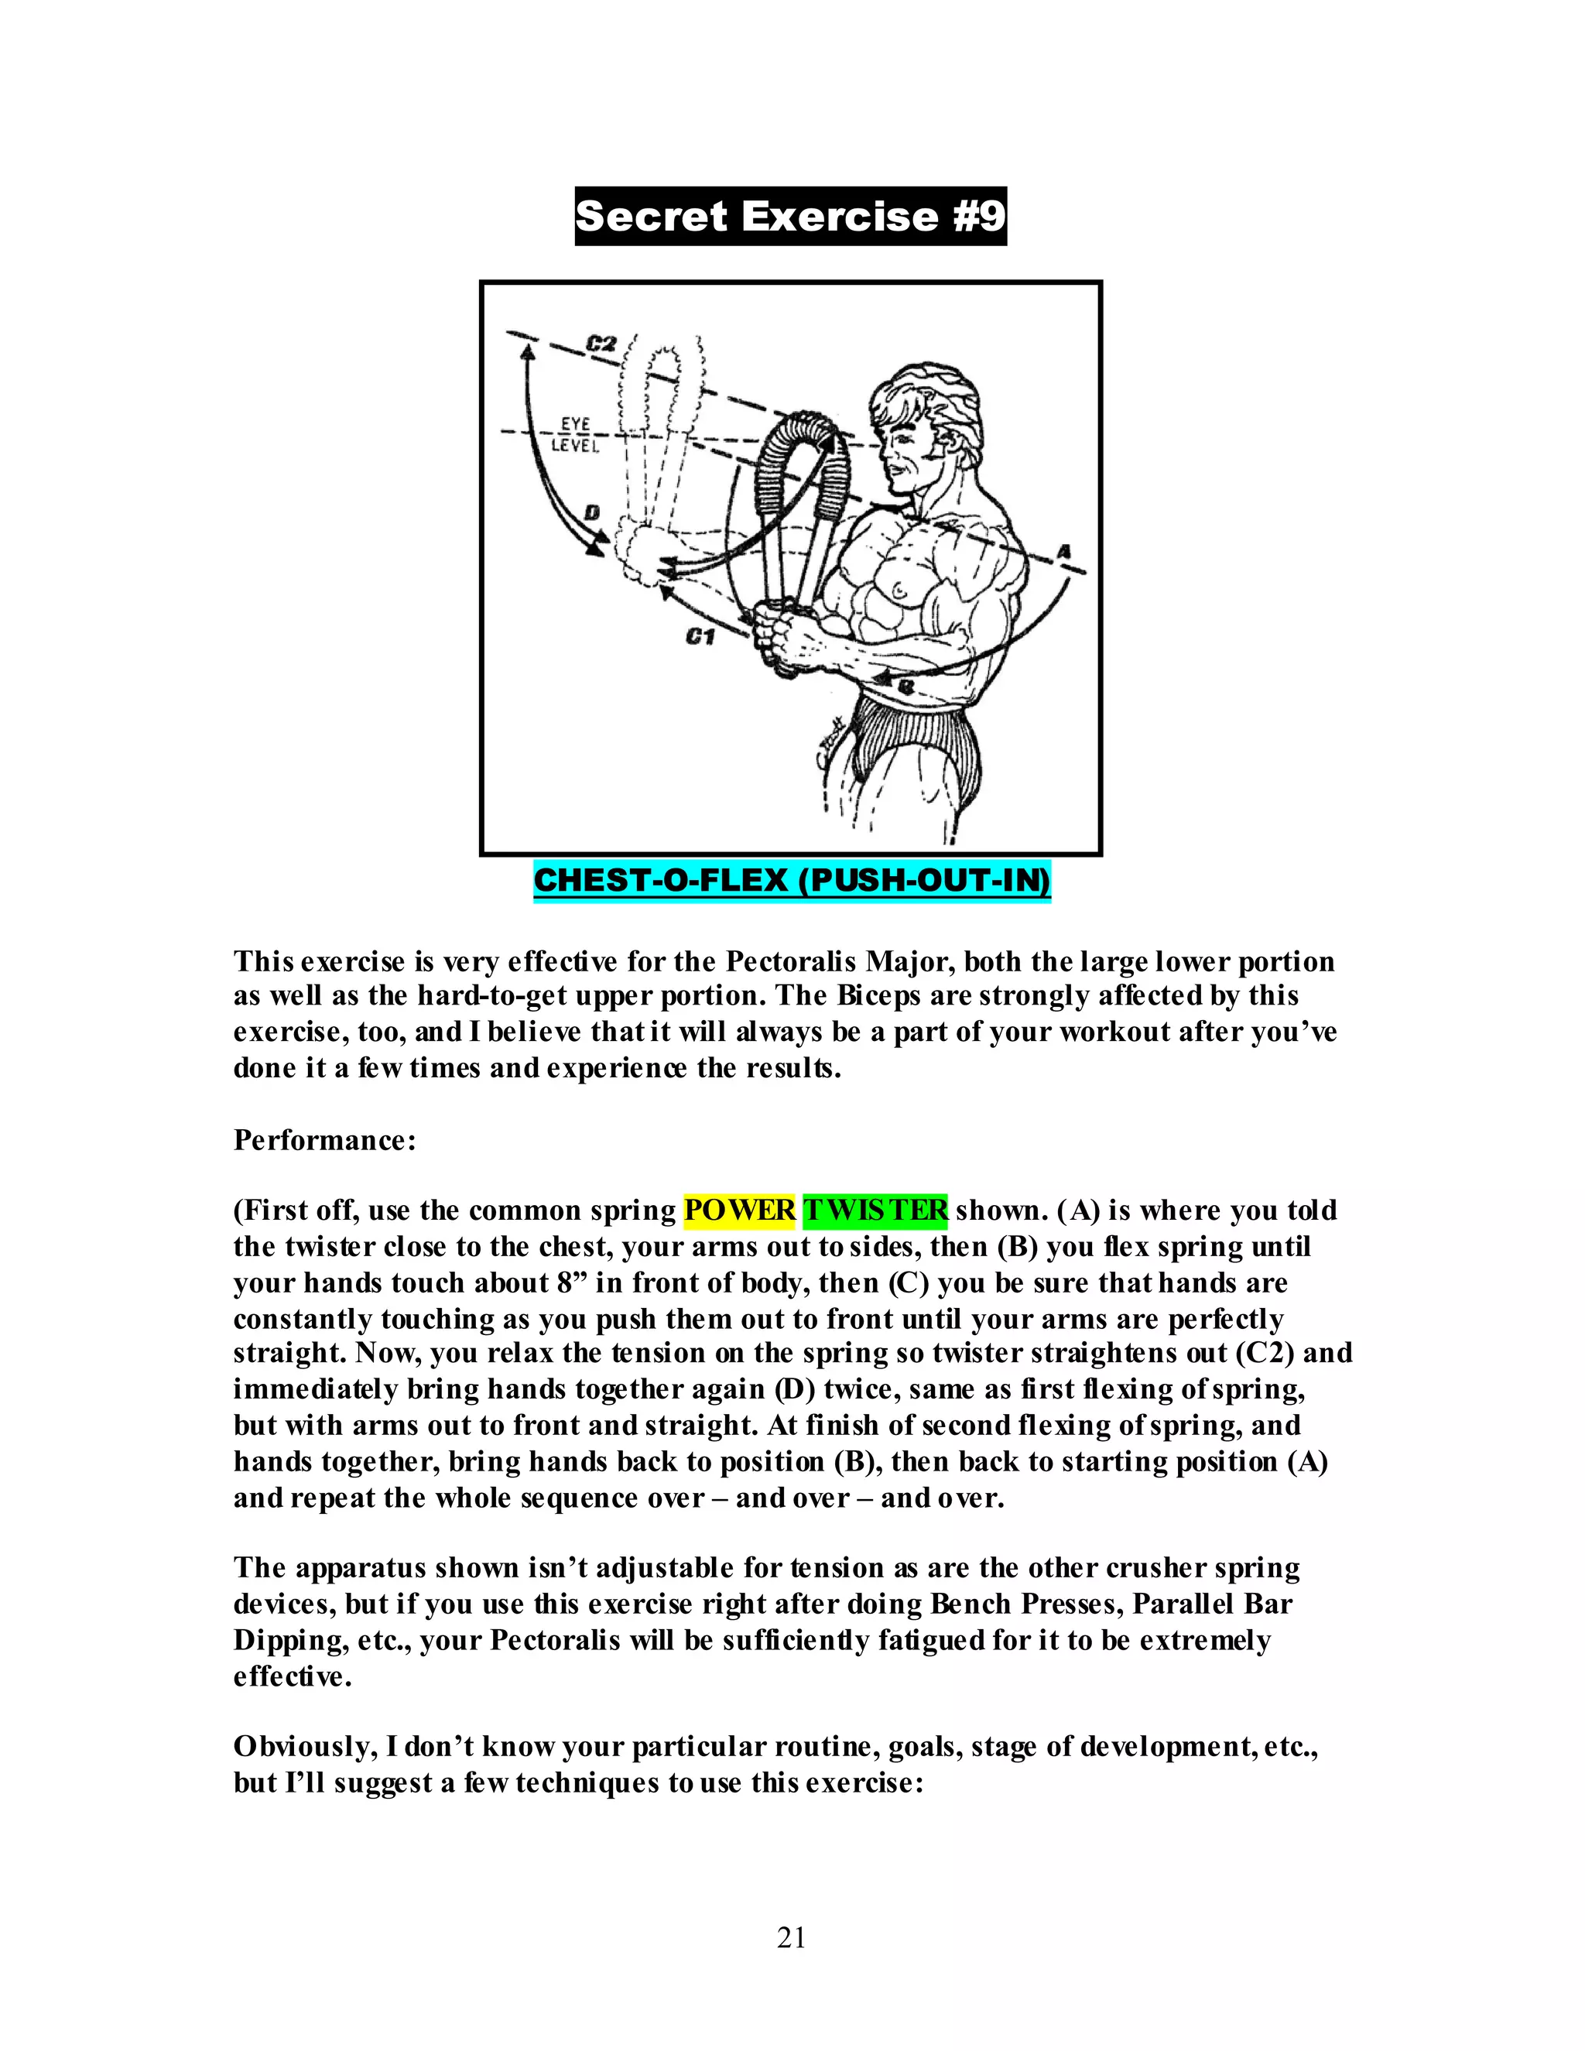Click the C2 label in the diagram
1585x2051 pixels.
[601, 344]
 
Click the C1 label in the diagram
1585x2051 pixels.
[700, 637]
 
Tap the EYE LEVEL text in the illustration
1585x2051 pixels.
[573, 435]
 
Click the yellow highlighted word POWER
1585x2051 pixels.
[739, 1210]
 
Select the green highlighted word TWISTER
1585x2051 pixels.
[875, 1210]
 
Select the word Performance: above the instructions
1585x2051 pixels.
[325, 1139]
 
